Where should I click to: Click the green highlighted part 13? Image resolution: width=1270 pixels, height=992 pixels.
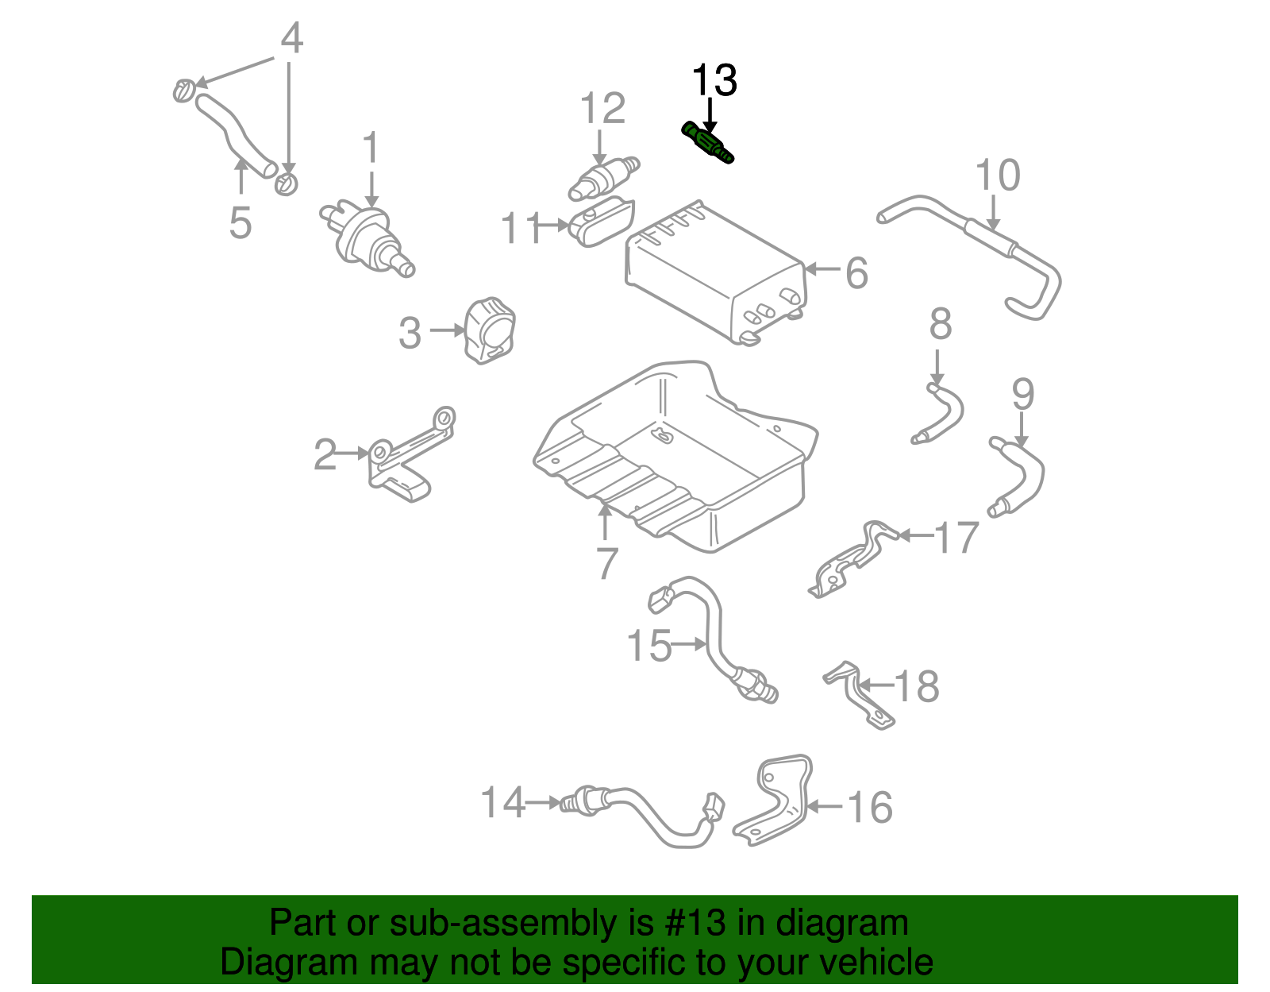pos(707,144)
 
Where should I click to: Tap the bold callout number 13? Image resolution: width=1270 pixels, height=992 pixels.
pos(714,81)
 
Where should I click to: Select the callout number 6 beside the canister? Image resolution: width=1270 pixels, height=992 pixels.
pos(856,273)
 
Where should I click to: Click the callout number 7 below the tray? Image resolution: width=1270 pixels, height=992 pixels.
pos(606,564)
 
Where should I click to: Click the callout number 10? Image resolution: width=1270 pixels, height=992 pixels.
pos(997,176)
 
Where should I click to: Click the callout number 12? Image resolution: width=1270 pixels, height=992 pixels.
pos(602,109)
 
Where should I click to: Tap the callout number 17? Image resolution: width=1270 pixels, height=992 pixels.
pos(956,538)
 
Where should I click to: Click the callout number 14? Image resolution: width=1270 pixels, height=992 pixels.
pos(503,803)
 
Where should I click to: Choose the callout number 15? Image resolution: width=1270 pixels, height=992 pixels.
pos(648,646)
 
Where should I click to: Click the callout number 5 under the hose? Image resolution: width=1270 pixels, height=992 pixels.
pos(240,223)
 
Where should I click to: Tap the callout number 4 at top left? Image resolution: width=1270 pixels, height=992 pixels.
pos(292,38)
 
